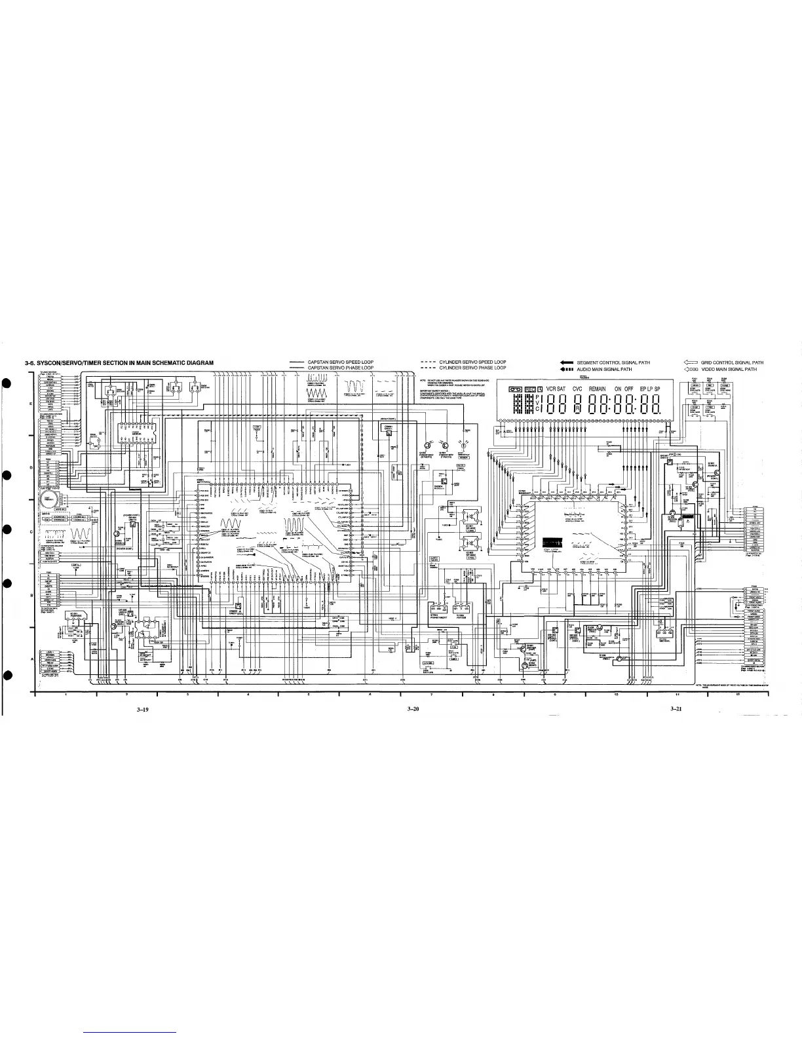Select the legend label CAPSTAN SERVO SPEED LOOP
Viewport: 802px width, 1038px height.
pyautogui.click(x=340, y=362)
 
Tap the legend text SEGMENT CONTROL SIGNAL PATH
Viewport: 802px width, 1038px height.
pyautogui.click(x=613, y=362)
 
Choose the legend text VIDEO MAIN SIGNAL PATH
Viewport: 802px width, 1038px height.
pyautogui.click(x=729, y=369)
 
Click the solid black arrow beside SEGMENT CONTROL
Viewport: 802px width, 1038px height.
pyautogui.click(x=567, y=362)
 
